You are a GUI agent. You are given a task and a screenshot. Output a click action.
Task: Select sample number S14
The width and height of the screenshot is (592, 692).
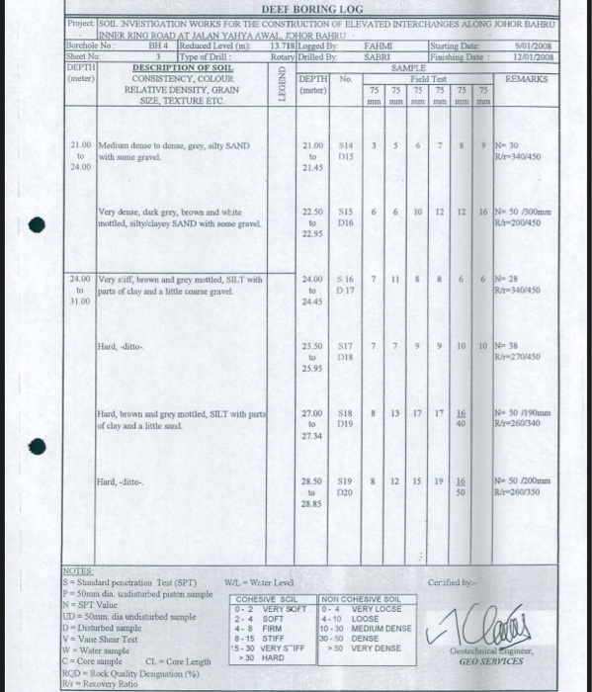click(346, 145)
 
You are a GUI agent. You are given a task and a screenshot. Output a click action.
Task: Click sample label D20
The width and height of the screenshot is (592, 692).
click(345, 490)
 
